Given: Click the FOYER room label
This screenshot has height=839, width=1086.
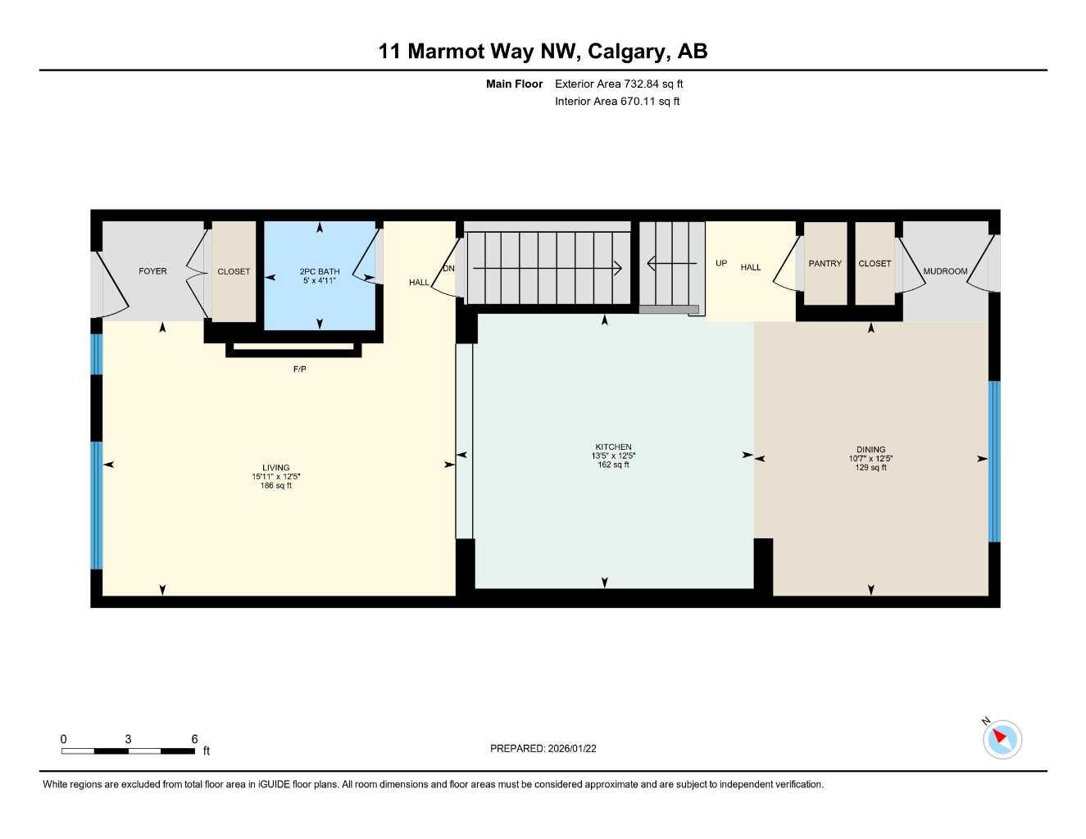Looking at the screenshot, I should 152,271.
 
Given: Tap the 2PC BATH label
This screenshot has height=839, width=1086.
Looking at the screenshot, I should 320,271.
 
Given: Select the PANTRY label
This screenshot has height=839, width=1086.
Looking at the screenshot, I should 825,264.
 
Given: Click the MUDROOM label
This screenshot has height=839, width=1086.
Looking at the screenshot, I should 945,271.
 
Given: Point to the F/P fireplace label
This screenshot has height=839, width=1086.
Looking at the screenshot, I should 300,370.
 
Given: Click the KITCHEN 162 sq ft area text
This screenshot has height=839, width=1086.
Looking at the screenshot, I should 613,465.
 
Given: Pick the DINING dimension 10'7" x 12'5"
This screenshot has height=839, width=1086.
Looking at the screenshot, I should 870,459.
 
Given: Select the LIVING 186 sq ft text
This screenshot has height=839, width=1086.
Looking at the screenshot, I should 276,486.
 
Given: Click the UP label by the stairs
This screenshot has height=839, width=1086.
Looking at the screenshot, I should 721,264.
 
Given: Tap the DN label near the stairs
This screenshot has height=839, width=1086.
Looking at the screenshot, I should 448,269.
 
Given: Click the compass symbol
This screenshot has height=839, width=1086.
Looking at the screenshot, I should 1002,739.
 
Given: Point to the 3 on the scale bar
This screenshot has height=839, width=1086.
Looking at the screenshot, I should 128,739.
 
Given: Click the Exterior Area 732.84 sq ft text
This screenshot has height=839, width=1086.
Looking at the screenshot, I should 619,84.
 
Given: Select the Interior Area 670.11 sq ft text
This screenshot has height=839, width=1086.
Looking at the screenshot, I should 617,102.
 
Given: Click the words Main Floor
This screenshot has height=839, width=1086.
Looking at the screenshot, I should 514,84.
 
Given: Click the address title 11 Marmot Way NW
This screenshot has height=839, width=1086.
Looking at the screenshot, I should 479,52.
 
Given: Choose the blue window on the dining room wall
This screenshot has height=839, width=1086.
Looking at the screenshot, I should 994,461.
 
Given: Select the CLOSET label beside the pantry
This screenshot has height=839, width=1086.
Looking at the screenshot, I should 875,264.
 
